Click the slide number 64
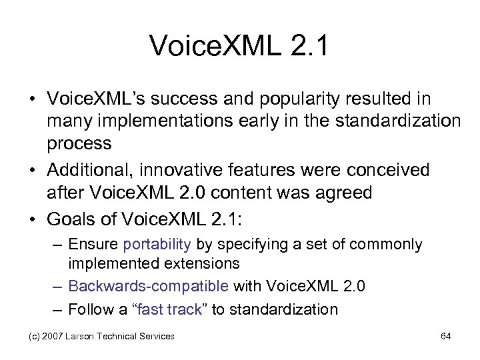click(x=446, y=336)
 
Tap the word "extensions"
click(x=201, y=263)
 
